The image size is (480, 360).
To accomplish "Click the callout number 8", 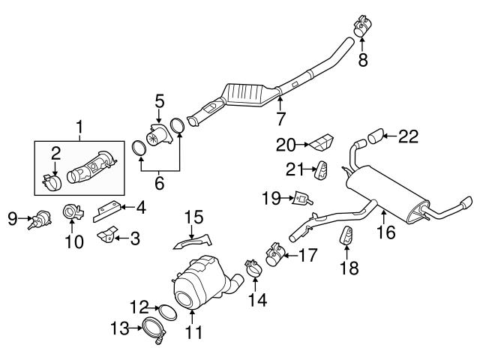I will pyautogui.click(x=363, y=60).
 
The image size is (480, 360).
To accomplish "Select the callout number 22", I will pyautogui.click(x=407, y=136).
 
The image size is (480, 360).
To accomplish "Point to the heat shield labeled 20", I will pyautogui.click(x=323, y=142).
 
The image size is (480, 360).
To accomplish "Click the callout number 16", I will pyautogui.click(x=385, y=233).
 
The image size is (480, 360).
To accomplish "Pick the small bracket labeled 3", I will pyautogui.click(x=107, y=236).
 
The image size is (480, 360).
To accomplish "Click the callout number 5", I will pyautogui.click(x=159, y=100).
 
